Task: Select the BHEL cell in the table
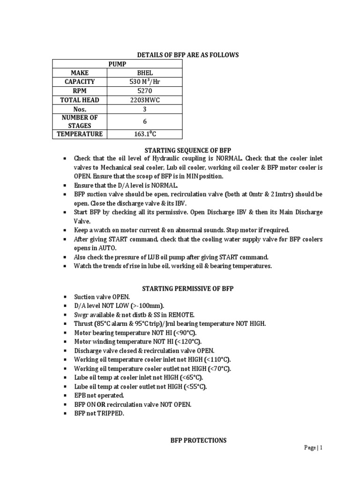pyautogui.click(x=145, y=73)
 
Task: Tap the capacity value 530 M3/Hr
pyautogui.click(x=145, y=82)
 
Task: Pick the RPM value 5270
pyautogui.click(x=145, y=90)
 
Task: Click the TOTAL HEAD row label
pyautogui.click(x=80, y=99)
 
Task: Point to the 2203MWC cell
pyautogui.click(x=145, y=99)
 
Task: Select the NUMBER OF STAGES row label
pyautogui.click(x=80, y=121)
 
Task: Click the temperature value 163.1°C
pyautogui.click(x=145, y=135)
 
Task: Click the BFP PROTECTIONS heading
pyautogui.click(x=191, y=440)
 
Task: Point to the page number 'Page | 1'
pyautogui.click(x=313, y=448)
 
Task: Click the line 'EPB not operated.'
pyautogui.click(x=99, y=395)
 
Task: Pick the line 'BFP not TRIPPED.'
pyautogui.click(x=99, y=413)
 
